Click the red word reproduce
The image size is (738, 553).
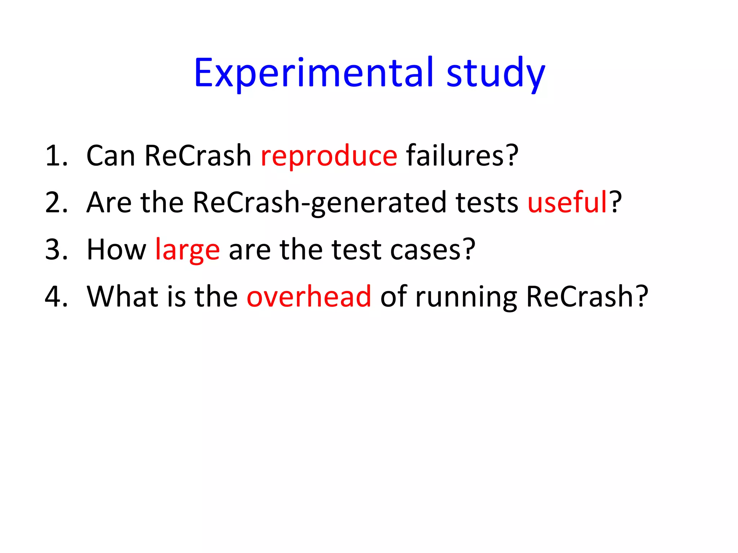329,156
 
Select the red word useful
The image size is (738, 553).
568,203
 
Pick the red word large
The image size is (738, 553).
187,250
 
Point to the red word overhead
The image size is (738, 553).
309,297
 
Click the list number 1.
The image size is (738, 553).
56,156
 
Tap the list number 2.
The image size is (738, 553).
56,203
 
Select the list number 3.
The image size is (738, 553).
56,250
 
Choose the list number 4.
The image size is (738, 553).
56,297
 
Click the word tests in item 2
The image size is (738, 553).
486,203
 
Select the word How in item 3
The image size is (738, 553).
116,250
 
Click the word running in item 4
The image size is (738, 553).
466,297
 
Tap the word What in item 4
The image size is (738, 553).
123,297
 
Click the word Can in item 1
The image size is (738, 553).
111,156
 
